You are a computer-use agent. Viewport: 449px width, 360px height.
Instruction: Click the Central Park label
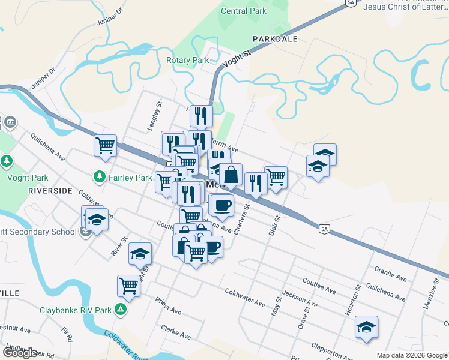point(243,11)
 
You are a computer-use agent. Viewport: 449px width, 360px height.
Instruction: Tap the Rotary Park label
point(187,61)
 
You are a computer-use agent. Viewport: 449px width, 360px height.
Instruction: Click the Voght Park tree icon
point(7,161)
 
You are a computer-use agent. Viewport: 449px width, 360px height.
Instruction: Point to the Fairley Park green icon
point(99,177)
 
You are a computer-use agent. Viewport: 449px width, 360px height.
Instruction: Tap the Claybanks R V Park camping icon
point(121,310)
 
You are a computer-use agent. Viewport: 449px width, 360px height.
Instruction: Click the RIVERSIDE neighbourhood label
point(50,190)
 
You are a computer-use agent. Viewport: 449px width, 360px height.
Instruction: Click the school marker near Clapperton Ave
point(366,327)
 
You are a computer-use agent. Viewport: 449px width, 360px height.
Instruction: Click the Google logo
point(20,353)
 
